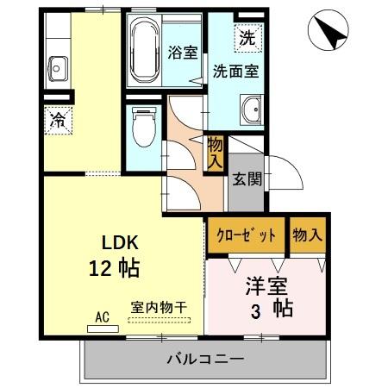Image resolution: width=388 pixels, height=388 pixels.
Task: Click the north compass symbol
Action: click(x=327, y=32)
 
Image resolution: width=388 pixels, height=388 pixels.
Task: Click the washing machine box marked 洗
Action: click(x=247, y=38)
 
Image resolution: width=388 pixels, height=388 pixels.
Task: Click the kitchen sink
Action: click(x=59, y=66)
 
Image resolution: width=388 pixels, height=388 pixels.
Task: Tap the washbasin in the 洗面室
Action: click(x=252, y=110)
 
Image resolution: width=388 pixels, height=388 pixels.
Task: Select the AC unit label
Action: click(x=102, y=317)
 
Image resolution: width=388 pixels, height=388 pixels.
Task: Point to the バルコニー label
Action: click(x=205, y=358)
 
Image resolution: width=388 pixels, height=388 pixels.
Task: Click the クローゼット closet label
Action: click(x=246, y=235)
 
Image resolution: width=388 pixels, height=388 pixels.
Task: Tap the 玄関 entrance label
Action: click(x=246, y=179)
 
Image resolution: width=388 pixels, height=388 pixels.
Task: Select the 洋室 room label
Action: click(x=266, y=284)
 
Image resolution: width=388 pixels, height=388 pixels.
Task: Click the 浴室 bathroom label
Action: click(x=182, y=51)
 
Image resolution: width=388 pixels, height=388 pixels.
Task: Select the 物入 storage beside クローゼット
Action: click(x=307, y=235)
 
